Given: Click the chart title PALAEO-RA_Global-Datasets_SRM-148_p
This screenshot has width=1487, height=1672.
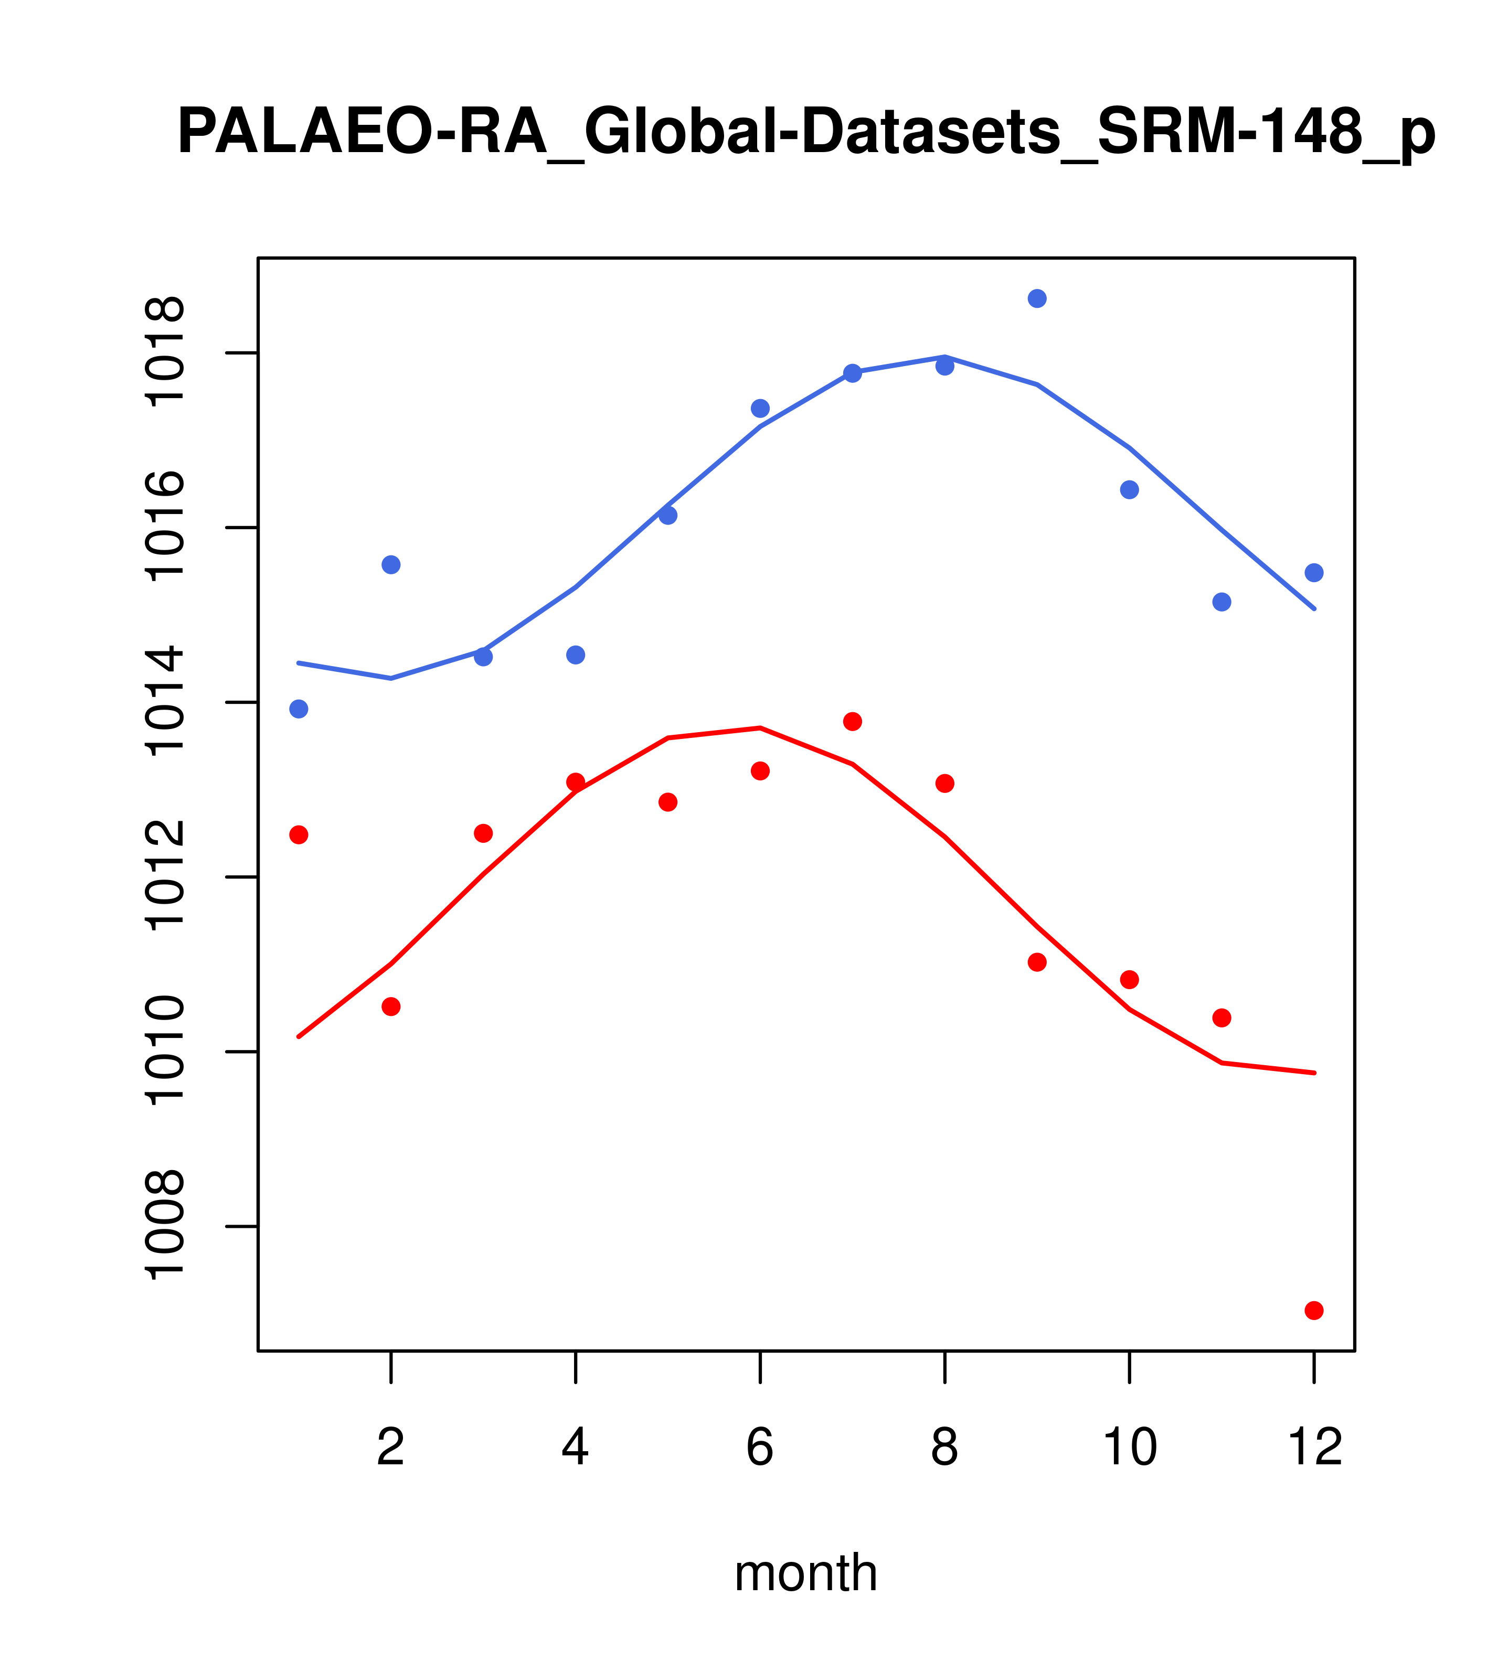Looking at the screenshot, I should pyautogui.click(x=806, y=133).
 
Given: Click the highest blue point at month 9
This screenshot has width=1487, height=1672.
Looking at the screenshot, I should pyautogui.click(x=1037, y=298).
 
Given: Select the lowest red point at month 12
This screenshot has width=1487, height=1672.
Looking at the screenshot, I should pyautogui.click(x=1314, y=1311).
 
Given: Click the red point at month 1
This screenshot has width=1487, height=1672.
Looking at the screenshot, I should pyautogui.click(x=299, y=834).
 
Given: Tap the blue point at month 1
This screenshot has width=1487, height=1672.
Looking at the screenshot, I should pyautogui.click(x=299, y=709).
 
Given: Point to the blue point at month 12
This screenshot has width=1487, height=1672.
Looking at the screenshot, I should pyautogui.click(x=1314, y=573).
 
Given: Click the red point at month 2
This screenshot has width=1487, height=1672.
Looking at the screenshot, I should pyautogui.click(x=391, y=1006).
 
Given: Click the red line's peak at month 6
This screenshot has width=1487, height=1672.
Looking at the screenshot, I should pyautogui.click(x=760, y=727).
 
